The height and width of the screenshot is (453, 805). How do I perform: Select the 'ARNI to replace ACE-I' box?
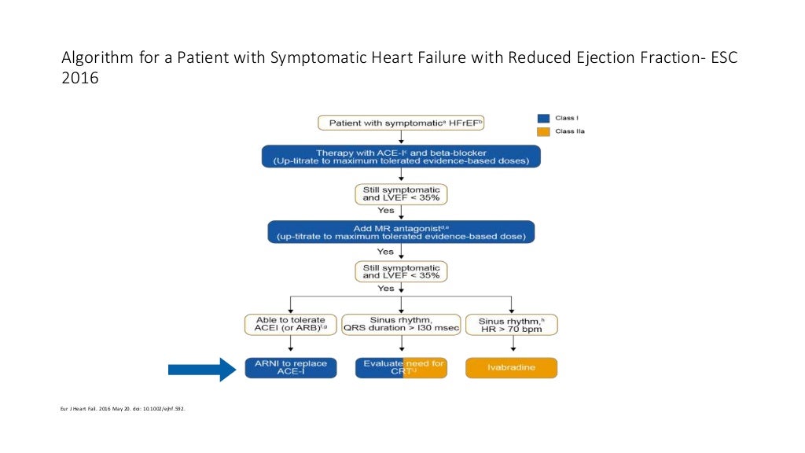(x=291, y=368)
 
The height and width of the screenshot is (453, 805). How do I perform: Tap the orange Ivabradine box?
(x=511, y=368)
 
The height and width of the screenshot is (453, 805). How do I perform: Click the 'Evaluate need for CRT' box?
(x=401, y=368)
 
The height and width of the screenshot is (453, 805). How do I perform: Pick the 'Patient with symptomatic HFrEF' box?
(x=401, y=123)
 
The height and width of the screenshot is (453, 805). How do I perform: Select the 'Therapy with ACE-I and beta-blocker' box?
(x=401, y=157)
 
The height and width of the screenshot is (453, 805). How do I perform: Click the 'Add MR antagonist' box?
(x=401, y=231)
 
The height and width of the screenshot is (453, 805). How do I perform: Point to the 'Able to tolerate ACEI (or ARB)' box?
(x=291, y=324)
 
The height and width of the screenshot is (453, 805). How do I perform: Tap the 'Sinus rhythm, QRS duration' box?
(x=401, y=324)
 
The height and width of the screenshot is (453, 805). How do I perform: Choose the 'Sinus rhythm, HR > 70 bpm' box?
(x=511, y=324)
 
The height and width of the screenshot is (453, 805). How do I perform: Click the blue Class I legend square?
(x=542, y=118)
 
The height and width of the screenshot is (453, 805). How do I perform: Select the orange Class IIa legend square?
(x=542, y=131)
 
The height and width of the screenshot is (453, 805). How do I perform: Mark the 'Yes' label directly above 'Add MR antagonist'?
(x=386, y=211)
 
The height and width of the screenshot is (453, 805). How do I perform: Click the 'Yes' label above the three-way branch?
(x=386, y=289)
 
